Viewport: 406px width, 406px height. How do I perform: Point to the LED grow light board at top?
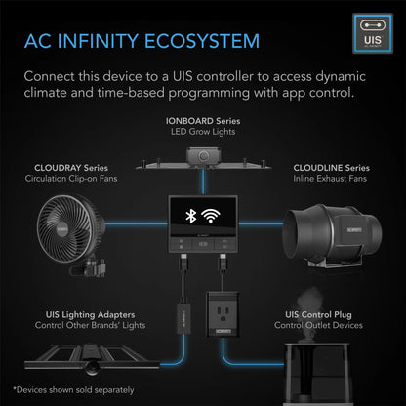pyautogui.click(x=203, y=157)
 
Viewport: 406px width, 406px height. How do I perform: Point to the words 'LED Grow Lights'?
pyautogui.click(x=203, y=131)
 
